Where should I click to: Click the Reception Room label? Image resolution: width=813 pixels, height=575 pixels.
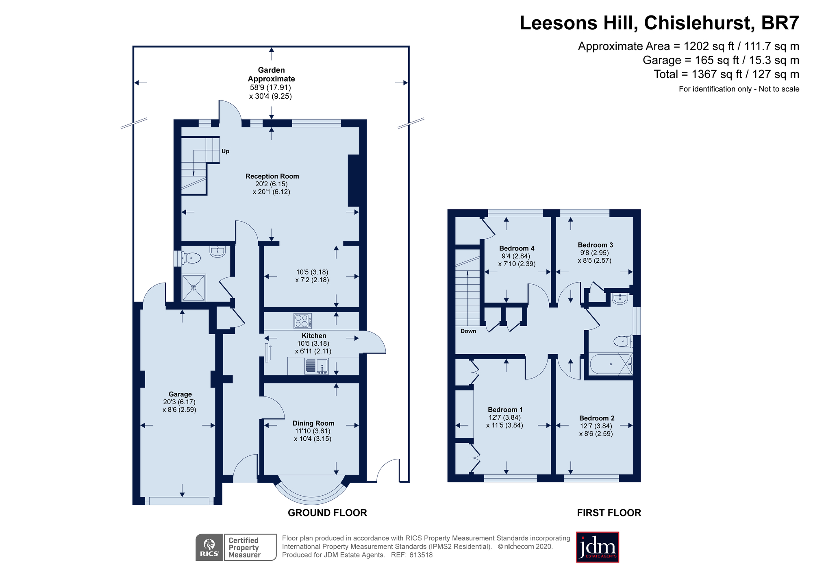click(x=272, y=176)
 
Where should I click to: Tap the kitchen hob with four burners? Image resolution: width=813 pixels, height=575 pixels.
click(x=303, y=320)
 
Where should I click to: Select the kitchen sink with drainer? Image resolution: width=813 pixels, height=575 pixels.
click(x=317, y=366)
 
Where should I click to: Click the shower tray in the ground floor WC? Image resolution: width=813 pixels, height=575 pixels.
click(x=193, y=288)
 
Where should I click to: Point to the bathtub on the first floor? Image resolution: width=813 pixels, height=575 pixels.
click(x=611, y=364)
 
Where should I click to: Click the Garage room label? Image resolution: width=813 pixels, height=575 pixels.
click(x=180, y=394)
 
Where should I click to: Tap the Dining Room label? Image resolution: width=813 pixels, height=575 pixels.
click(x=313, y=423)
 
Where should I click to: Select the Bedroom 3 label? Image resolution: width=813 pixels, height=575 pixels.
click(x=595, y=245)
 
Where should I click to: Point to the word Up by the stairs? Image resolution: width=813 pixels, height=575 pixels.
click(x=225, y=152)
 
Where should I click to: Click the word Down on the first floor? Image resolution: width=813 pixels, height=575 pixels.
click(x=468, y=331)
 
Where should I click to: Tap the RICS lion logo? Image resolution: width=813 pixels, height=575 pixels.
click(x=209, y=547)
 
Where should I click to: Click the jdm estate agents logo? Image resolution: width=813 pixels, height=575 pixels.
click(x=598, y=547)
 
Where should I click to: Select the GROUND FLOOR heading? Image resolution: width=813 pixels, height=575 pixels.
click(x=327, y=513)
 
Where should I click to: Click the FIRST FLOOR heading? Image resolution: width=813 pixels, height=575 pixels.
click(x=609, y=513)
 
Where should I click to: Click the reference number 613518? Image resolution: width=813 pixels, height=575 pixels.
click(x=421, y=555)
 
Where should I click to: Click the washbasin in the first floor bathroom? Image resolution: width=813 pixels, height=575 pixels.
click(x=620, y=298)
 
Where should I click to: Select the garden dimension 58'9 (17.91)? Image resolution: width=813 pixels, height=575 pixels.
click(x=270, y=87)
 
